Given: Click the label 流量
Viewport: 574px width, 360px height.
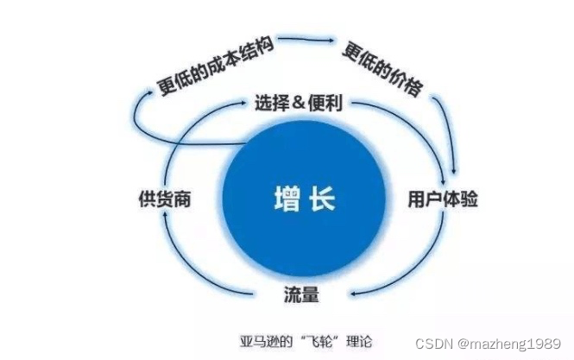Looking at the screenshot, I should click(x=301, y=295).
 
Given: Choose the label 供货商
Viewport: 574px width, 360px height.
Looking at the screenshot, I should click(x=163, y=199).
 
